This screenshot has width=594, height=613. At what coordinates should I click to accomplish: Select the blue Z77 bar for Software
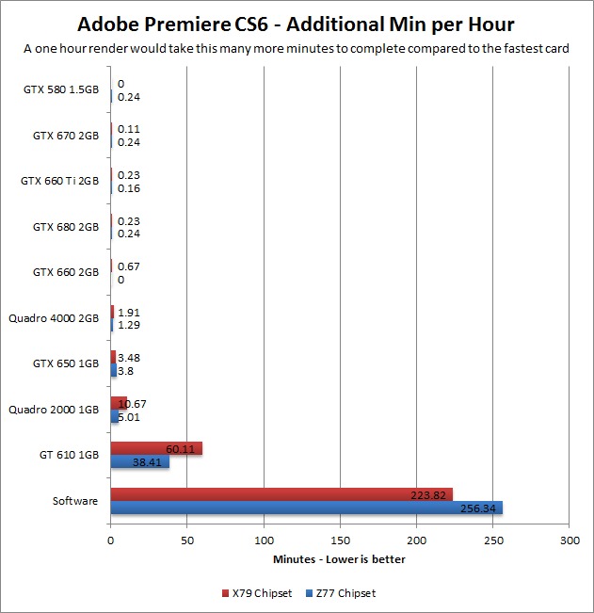click(x=306, y=508)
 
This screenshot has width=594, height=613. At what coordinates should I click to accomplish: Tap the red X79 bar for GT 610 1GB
click(x=156, y=449)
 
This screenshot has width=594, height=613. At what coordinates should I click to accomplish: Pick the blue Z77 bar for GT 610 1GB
click(x=139, y=462)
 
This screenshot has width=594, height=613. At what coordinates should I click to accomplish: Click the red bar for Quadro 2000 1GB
click(x=119, y=403)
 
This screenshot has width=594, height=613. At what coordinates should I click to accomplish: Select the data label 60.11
click(x=182, y=449)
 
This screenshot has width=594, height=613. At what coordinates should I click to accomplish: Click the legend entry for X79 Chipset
click(x=255, y=593)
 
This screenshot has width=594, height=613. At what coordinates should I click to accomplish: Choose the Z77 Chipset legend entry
click(x=341, y=593)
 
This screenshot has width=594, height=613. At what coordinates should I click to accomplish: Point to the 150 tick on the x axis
click(x=340, y=540)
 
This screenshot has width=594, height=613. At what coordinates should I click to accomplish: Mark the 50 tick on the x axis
click(x=187, y=540)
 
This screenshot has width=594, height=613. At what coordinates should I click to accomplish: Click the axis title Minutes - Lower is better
click(x=340, y=559)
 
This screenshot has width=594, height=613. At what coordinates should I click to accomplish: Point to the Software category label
click(x=75, y=501)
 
